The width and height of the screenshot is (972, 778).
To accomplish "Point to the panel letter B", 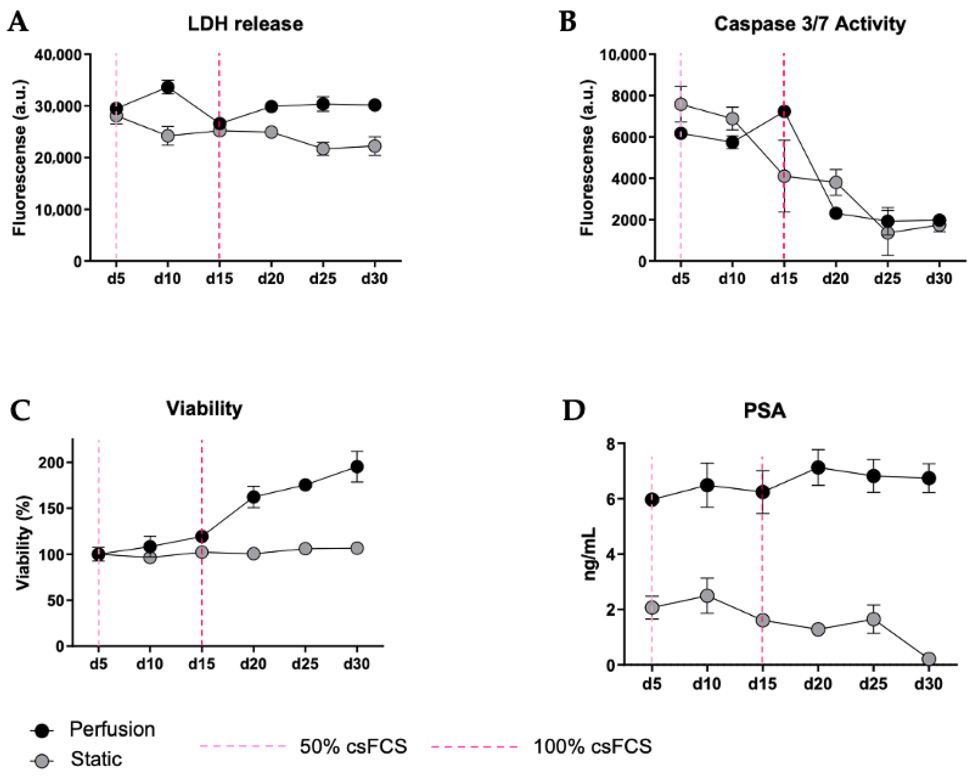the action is pos(568,22).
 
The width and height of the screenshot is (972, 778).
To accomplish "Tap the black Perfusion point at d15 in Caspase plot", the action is pos(784,111).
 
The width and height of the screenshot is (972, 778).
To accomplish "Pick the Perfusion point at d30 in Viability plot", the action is pos(357,466).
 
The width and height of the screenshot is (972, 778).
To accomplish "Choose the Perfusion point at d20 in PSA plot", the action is pos(818,467).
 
